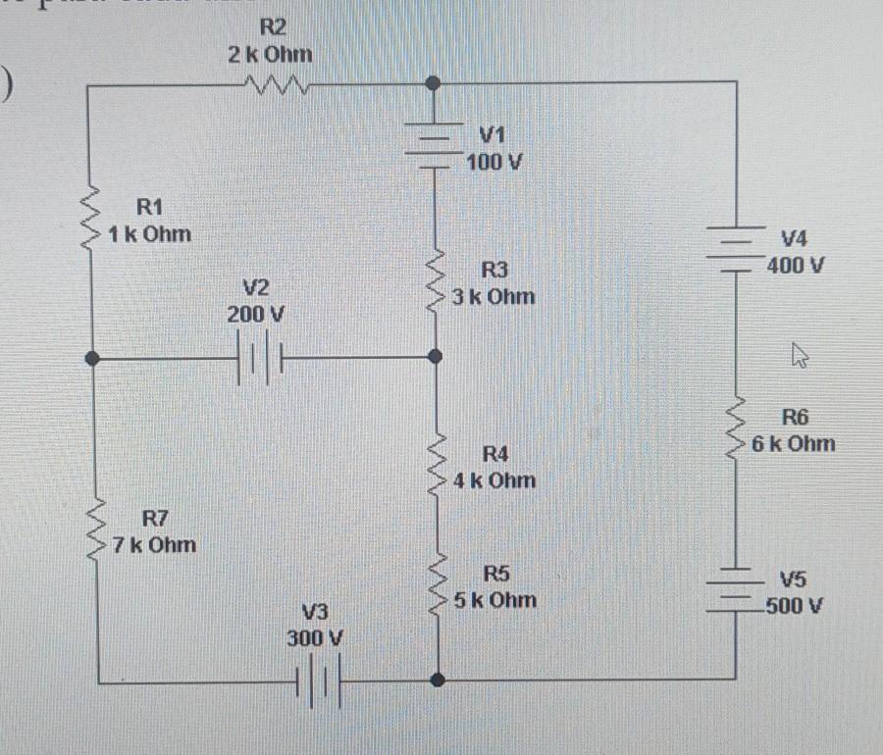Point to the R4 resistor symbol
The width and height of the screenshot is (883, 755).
tap(437, 467)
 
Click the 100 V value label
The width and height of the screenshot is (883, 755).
tap(493, 161)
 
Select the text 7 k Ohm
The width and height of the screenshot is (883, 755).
tap(153, 544)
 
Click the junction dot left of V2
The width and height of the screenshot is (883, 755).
tap(93, 360)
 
